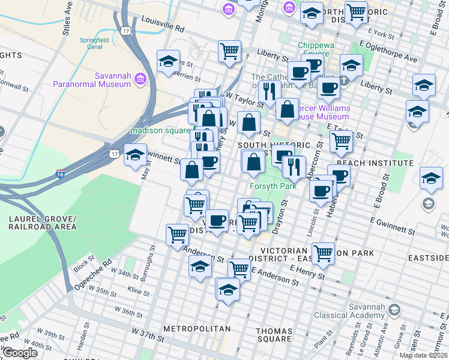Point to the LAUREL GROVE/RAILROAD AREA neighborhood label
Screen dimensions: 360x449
coord(42,223)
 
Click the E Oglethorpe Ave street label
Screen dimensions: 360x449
coord(388,52)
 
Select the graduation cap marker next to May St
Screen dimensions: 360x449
coord(136,154)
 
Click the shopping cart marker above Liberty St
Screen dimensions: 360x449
coord(229,51)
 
